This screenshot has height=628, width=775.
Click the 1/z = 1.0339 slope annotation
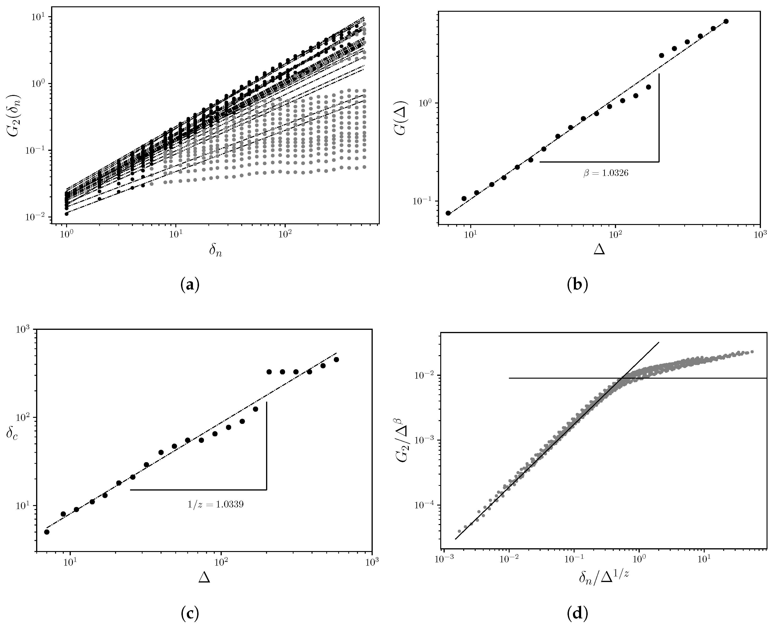pyautogui.click(x=215, y=504)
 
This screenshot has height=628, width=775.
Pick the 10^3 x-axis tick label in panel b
pyautogui.click(x=760, y=236)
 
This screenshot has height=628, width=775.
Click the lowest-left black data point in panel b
pyautogui.click(x=448, y=213)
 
